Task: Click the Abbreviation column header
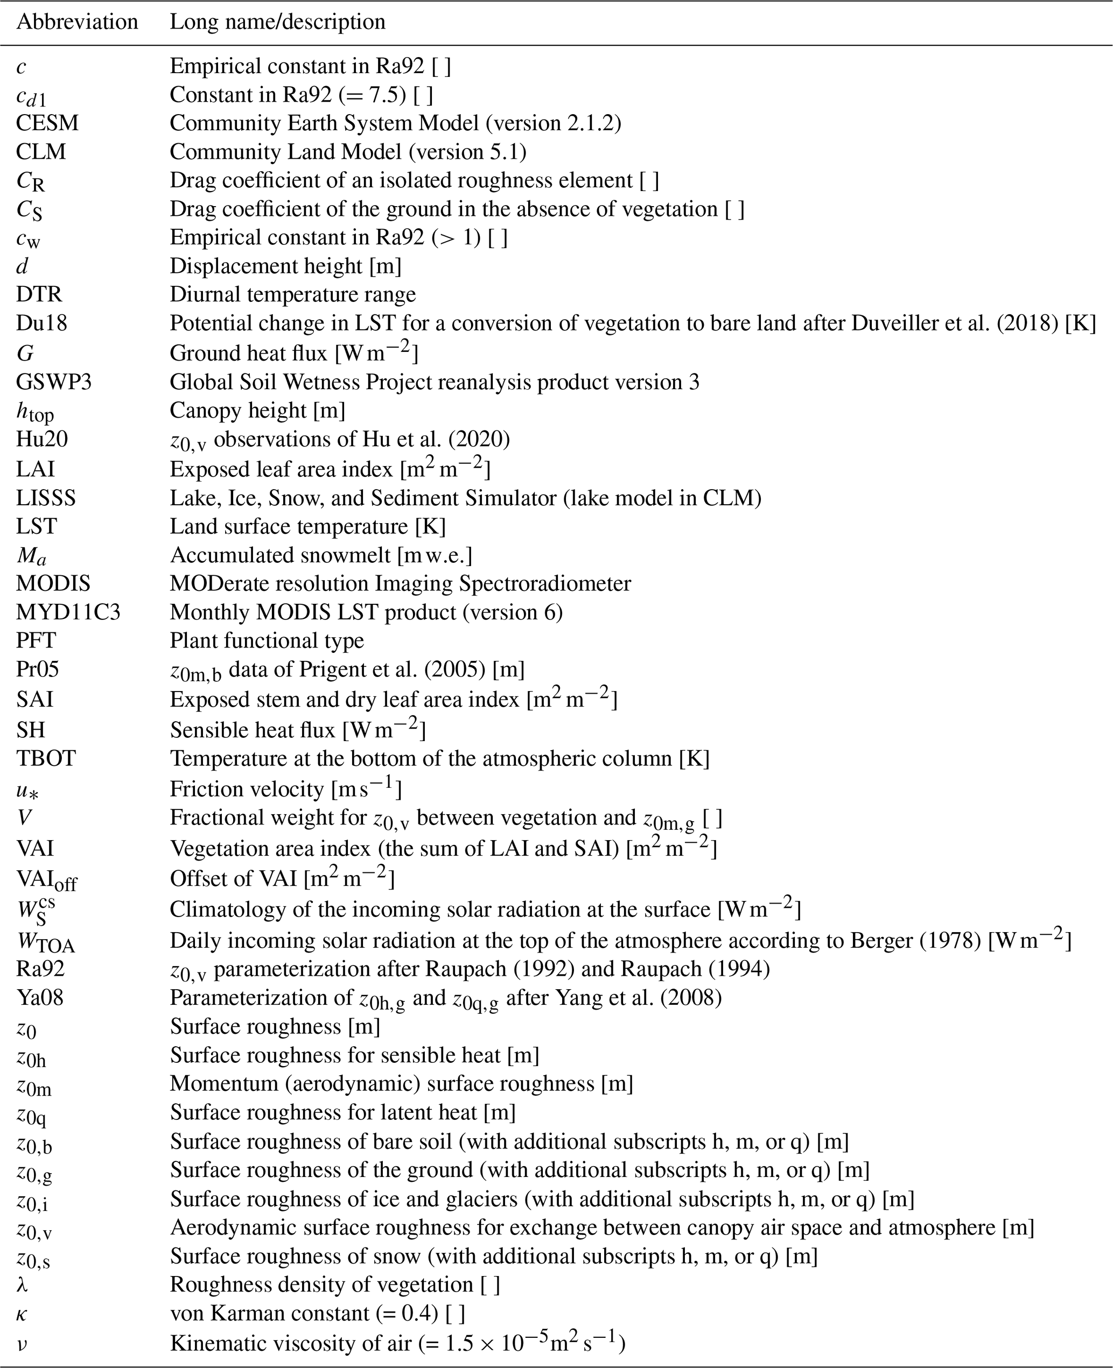pos(77,22)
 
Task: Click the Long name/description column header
pos(277,22)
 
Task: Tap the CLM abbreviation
pos(41,152)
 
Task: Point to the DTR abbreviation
pos(39,294)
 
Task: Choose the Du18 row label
pos(41,323)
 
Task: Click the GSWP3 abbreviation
pos(54,382)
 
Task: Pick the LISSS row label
pos(46,498)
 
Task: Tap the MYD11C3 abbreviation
pos(68,612)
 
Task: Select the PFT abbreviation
pos(36,640)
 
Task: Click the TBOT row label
pos(46,758)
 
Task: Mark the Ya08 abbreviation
pos(40,998)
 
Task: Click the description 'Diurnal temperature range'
pos(292,294)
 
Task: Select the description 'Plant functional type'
pos(267,640)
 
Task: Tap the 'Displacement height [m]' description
pos(285,266)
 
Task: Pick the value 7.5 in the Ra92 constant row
pos(388,95)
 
